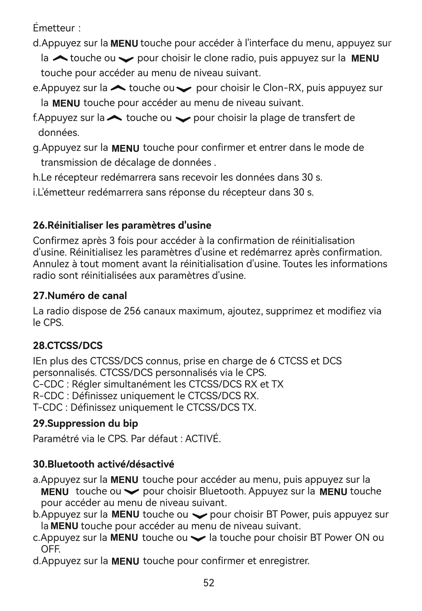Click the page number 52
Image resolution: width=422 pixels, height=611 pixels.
[x=209, y=583]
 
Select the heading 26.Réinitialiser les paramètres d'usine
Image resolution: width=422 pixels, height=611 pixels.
[x=122, y=225]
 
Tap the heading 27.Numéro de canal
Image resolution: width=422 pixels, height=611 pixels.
[x=80, y=296]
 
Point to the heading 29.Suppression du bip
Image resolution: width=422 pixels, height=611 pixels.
[x=85, y=423]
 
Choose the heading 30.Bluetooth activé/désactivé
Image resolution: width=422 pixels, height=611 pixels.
[x=103, y=464]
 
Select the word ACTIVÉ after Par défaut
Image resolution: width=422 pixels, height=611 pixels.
[x=203, y=439]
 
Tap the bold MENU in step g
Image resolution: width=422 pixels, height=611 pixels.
[x=126, y=149]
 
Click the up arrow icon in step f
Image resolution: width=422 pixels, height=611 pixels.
[x=115, y=118]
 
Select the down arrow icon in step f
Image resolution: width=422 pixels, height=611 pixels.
[x=183, y=119]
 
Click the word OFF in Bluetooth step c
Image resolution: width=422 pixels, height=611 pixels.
[x=50, y=550]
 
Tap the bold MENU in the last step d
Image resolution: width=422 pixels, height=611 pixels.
[x=126, y=562]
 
